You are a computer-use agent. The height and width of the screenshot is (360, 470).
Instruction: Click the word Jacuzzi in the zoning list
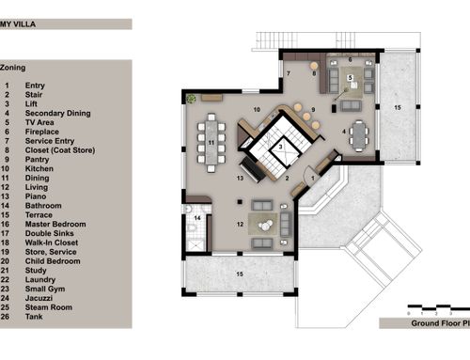pos(39,298)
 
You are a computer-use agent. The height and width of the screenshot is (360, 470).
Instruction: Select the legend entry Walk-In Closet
pos(52,243)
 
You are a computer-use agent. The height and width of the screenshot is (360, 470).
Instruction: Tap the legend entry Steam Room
pos(49,307)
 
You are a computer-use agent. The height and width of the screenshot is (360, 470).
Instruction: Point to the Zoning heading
pos(12,68)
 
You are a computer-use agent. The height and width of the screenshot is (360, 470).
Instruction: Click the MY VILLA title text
pos(18,24)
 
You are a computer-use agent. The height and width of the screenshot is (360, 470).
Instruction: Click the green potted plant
pos(191,99)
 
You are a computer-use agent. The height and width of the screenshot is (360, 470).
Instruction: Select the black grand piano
pos(253,169)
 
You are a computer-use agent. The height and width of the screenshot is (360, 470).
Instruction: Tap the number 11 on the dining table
pos(211,143)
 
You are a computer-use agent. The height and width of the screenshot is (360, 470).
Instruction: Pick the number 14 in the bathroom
pos(197,218)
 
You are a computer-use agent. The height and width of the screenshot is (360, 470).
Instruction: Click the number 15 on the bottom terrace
pos(240,274)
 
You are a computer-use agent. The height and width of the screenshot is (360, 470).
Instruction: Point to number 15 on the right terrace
pos(398,107)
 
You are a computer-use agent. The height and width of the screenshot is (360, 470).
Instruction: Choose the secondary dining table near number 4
pos(359,136)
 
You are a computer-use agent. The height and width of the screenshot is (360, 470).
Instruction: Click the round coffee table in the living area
pos(265,225)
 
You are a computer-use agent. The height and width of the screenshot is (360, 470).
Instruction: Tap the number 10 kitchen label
pos(257,109)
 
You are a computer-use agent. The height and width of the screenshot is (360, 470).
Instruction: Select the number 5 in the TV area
pos(350,77)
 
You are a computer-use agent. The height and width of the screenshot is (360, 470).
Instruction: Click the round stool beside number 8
pos(314,66)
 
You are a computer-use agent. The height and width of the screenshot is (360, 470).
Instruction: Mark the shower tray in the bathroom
pos(196,244)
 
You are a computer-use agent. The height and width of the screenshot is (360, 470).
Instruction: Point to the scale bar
pos(439,307)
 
